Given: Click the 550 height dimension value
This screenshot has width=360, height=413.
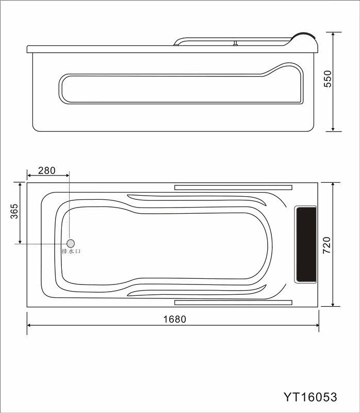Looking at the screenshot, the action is coord(328,78).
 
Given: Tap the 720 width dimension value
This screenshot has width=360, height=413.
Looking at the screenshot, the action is coord(326,245).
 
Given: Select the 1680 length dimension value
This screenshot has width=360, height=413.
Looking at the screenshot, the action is coord(175,319).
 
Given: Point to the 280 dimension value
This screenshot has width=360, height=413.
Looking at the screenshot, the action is coord(47,171).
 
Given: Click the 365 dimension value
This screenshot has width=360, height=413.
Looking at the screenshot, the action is coord(14,211).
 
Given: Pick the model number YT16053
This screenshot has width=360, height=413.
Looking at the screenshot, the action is coord(310,397).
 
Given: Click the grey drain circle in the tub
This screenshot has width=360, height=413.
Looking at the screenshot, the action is coord(71,243).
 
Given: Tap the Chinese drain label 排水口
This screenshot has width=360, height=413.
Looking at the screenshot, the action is coord(71,251).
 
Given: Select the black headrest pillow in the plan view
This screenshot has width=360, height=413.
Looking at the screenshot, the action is coord(306,244).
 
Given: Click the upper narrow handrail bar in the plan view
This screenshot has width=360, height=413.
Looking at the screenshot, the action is coord(233,187).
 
